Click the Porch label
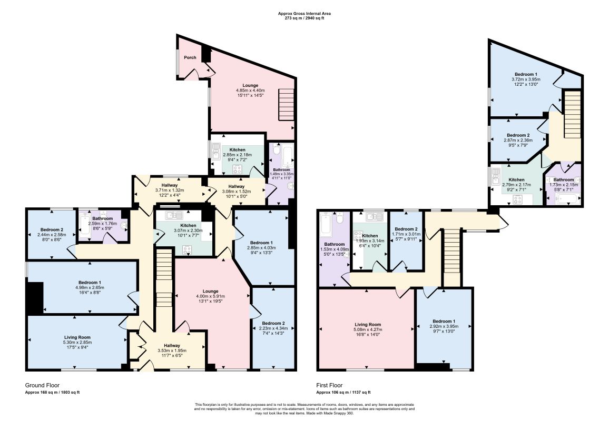pyautogui.click(x=190, y=57)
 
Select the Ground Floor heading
pyautogui.click(x=42, y=385)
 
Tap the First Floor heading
pyautogui.click(x=329, y=385)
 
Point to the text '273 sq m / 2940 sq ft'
pyautogui.click(x=304, y=18)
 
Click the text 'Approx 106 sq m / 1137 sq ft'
pyautogui.click(x=343, y=392)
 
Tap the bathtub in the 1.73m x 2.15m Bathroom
pyautogui.click(x=568, y=199)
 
